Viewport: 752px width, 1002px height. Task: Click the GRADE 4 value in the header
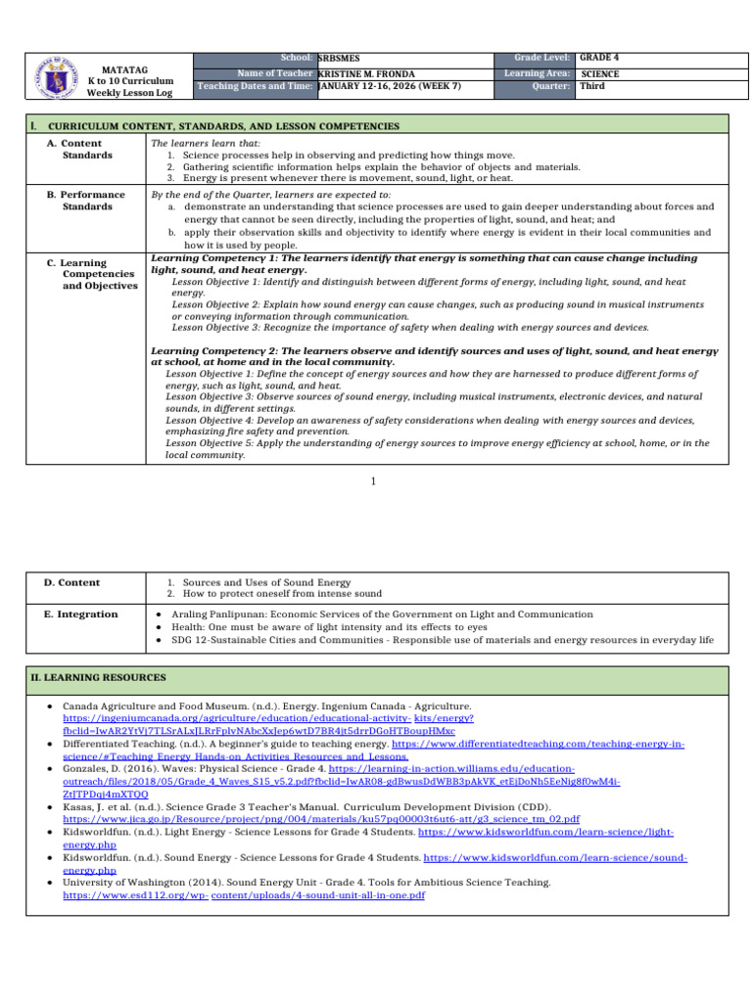click(599, 58)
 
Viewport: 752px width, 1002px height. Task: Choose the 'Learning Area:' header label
click(538, 73)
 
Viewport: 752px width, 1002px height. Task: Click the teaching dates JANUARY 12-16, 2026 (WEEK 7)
click(390, 86)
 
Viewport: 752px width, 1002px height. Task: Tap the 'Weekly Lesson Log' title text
click(130, 92)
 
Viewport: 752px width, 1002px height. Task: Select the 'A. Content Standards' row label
click(87, 149)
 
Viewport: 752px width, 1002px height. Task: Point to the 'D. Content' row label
click(72, 582)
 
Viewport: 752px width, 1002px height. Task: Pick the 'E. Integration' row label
click(81, 614)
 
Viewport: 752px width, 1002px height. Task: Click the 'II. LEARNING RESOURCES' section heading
click(98, 677)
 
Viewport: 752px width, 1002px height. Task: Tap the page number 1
click(374, 480)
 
